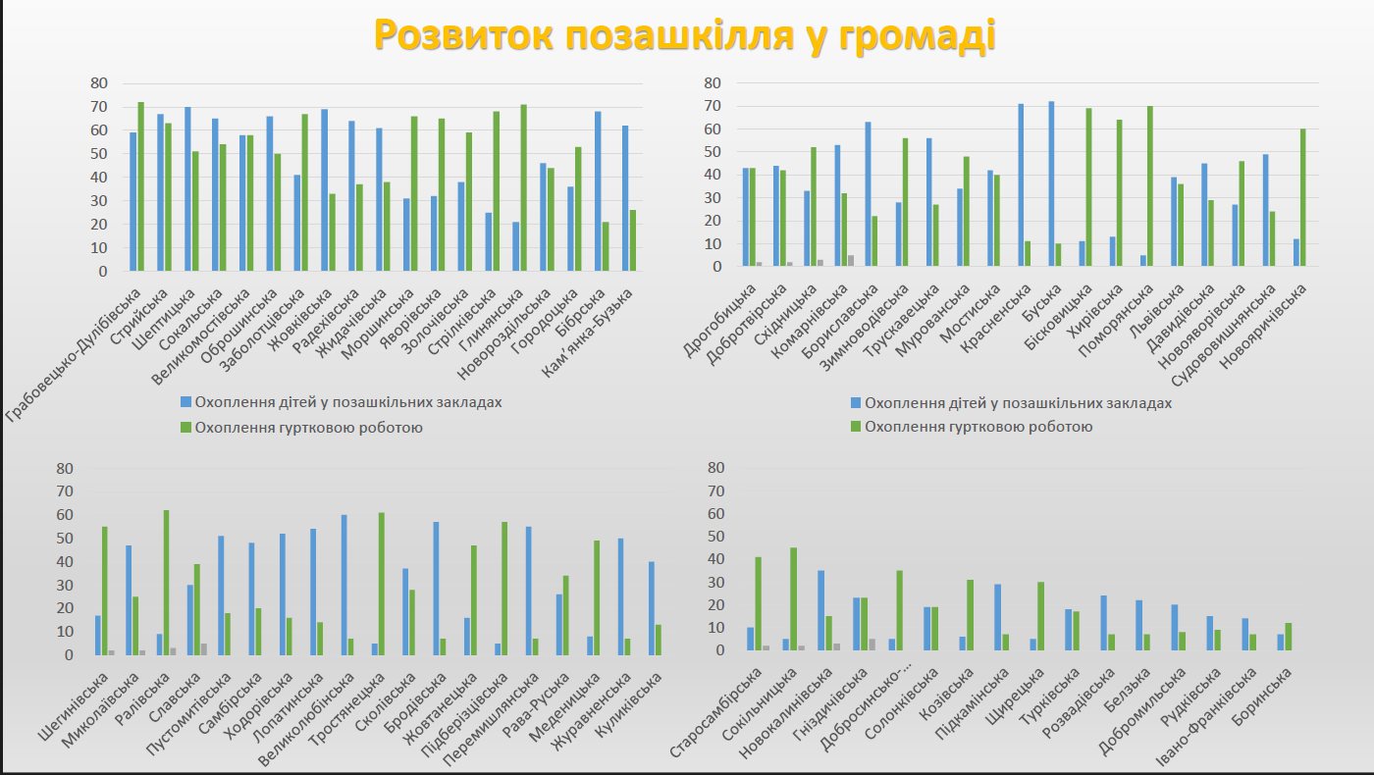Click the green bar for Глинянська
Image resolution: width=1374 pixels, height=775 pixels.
[x=523, y=187]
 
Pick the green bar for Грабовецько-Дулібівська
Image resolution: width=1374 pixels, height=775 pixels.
[x=141, y=186]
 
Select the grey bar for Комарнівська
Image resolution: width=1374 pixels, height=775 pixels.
[x=851, y=260]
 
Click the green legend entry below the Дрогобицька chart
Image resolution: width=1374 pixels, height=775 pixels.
[x=973, y=427]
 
